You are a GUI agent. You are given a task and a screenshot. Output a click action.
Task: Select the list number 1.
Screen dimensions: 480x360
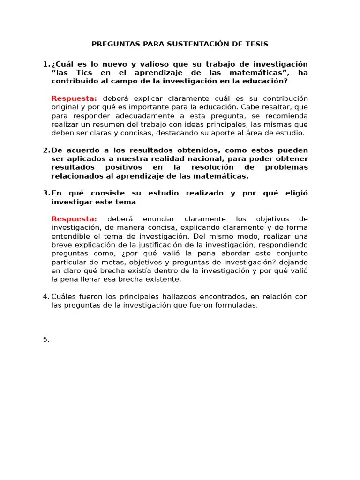tap(45, 64)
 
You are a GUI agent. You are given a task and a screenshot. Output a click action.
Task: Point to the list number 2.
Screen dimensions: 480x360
tap(45, 150)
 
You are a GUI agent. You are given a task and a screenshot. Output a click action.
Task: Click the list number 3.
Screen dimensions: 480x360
tap(45, 194)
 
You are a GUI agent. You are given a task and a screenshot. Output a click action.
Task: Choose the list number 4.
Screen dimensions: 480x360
tap(45, 297)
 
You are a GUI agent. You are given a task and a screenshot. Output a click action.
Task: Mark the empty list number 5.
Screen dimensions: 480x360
tap(45, 340)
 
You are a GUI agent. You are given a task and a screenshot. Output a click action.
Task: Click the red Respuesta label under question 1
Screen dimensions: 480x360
tap(74, 98)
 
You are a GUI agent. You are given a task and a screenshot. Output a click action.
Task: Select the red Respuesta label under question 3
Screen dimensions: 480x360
tap(74, 219)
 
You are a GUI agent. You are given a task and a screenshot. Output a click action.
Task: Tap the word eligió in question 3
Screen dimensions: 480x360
tap(295, 194)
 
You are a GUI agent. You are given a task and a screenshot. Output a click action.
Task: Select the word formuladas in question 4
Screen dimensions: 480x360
tap(236, 305)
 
